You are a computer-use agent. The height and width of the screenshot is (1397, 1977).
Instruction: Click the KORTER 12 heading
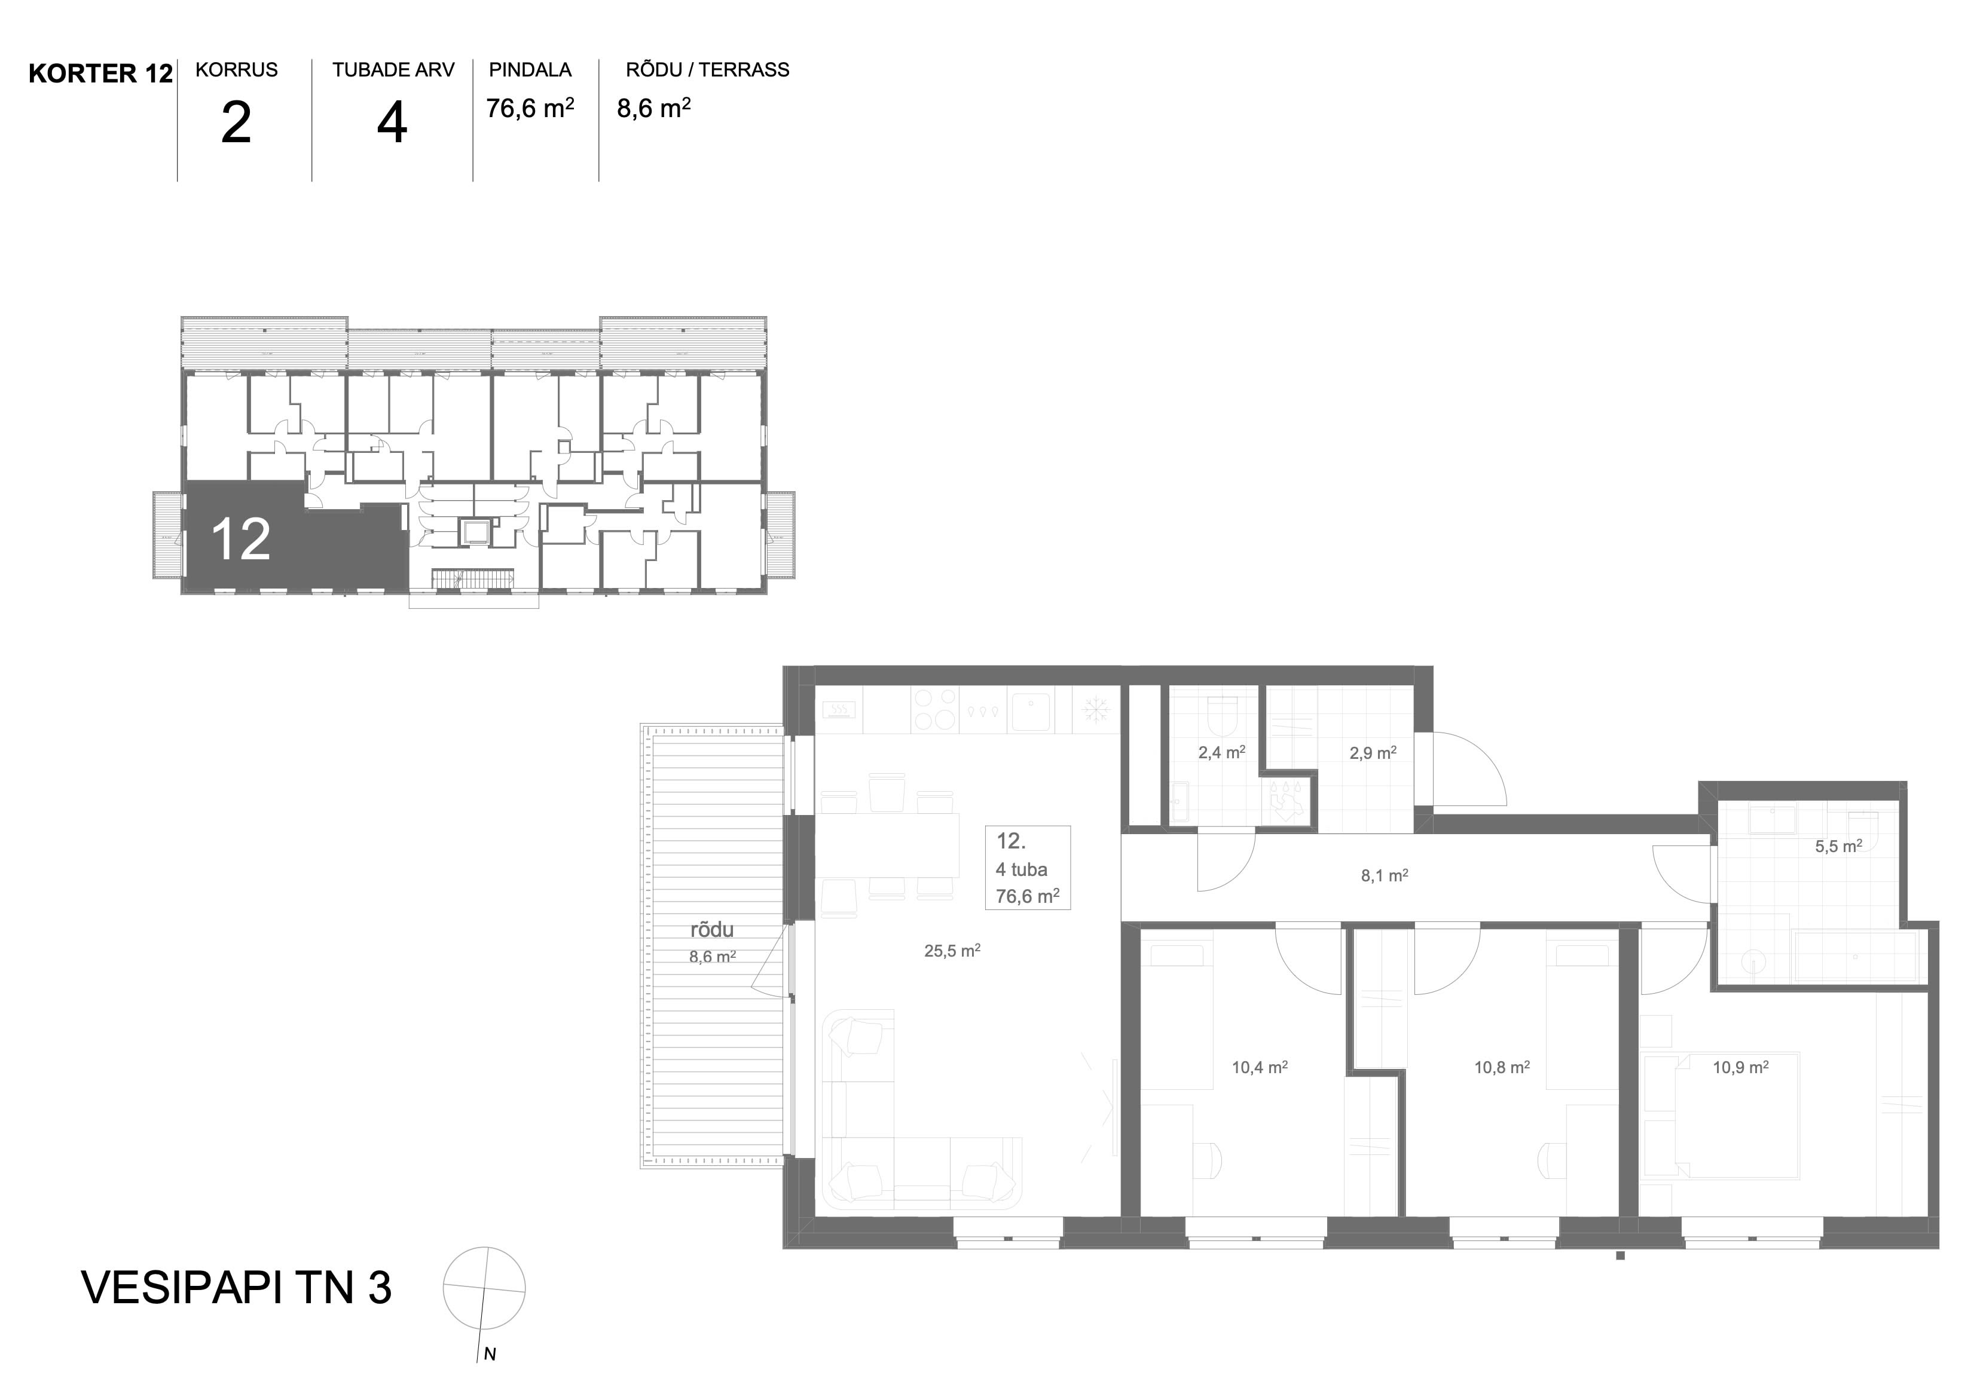[101, 74]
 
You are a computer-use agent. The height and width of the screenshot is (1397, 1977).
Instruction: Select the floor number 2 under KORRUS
[236, 123]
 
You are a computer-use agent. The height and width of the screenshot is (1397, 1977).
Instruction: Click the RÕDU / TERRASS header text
[707, 70]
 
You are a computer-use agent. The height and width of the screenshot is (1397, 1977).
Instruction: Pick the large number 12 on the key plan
[240, 540]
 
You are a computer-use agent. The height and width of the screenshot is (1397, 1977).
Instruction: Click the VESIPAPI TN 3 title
[236, 1288]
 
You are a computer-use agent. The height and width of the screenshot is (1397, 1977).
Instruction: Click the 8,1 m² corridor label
[1385, 876]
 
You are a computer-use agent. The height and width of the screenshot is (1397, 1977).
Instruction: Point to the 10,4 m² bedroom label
[1260, 1067]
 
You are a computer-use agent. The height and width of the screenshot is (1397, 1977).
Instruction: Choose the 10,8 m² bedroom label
[1502, 1067]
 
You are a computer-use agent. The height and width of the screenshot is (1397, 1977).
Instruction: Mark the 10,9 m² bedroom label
[1740, 1067]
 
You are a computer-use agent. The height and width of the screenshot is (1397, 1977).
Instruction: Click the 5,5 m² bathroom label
[1838, 846]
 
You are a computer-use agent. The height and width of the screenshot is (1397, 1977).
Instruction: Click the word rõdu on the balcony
[712, 930]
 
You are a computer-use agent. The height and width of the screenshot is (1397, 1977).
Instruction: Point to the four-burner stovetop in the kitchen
[935, 710]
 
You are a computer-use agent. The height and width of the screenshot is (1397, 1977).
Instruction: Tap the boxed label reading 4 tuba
[1022, 869]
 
